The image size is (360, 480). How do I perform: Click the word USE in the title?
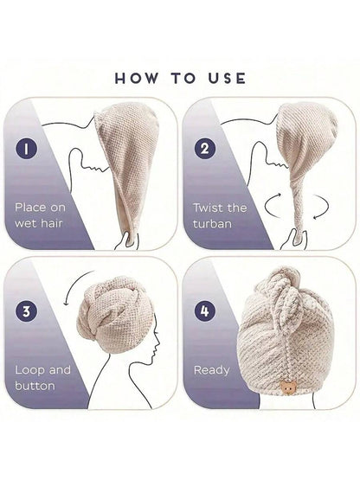point(227,79)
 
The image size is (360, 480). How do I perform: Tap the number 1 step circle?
point(27,149)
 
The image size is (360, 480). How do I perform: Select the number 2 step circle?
point(205,149)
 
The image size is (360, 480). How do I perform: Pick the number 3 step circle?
point(27,311)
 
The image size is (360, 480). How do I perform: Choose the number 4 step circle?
point(205,311)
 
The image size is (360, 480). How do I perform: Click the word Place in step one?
point(30,208)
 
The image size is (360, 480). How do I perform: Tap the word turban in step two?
point(212,224)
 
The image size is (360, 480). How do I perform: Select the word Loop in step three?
point(29,370)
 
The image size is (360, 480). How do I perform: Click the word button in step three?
point(35,386)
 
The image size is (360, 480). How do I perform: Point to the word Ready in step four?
point(212,371)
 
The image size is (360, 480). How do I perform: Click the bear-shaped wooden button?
point(287,388)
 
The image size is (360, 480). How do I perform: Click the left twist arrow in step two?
point(272,206)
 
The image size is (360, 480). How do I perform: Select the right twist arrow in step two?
point(322,207)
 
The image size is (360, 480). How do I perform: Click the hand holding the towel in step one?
point(126,240)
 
